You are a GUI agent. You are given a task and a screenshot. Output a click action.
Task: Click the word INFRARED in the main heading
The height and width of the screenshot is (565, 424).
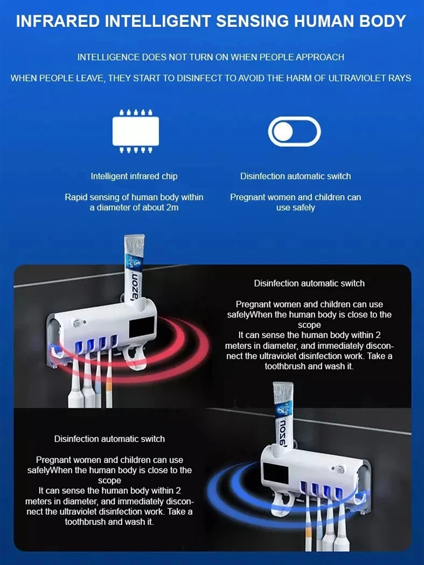(58, 21)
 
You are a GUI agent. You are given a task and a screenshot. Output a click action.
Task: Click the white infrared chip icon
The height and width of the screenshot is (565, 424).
(136, 131)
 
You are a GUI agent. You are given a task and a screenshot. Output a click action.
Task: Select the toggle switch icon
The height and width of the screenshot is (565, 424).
(294, 131)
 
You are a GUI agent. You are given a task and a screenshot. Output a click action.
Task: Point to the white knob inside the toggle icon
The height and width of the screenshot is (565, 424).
(283, 132)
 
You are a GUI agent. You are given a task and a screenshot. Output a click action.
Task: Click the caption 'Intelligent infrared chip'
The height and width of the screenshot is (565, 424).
(134, 176)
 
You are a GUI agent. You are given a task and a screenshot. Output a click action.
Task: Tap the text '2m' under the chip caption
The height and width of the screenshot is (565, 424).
(172, 207)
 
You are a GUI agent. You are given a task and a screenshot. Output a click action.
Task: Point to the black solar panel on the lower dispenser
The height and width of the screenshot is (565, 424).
(276, 474)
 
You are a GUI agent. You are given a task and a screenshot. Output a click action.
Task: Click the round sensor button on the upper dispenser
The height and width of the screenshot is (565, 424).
(76, 323)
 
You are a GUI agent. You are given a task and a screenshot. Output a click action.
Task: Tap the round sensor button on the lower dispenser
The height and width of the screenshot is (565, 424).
(339, 470)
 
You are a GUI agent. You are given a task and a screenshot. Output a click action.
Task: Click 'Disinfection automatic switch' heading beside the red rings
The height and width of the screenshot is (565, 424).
(309, 284)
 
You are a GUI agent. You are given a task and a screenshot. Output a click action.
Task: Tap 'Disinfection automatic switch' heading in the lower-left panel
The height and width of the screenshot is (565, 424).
(110, 439)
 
